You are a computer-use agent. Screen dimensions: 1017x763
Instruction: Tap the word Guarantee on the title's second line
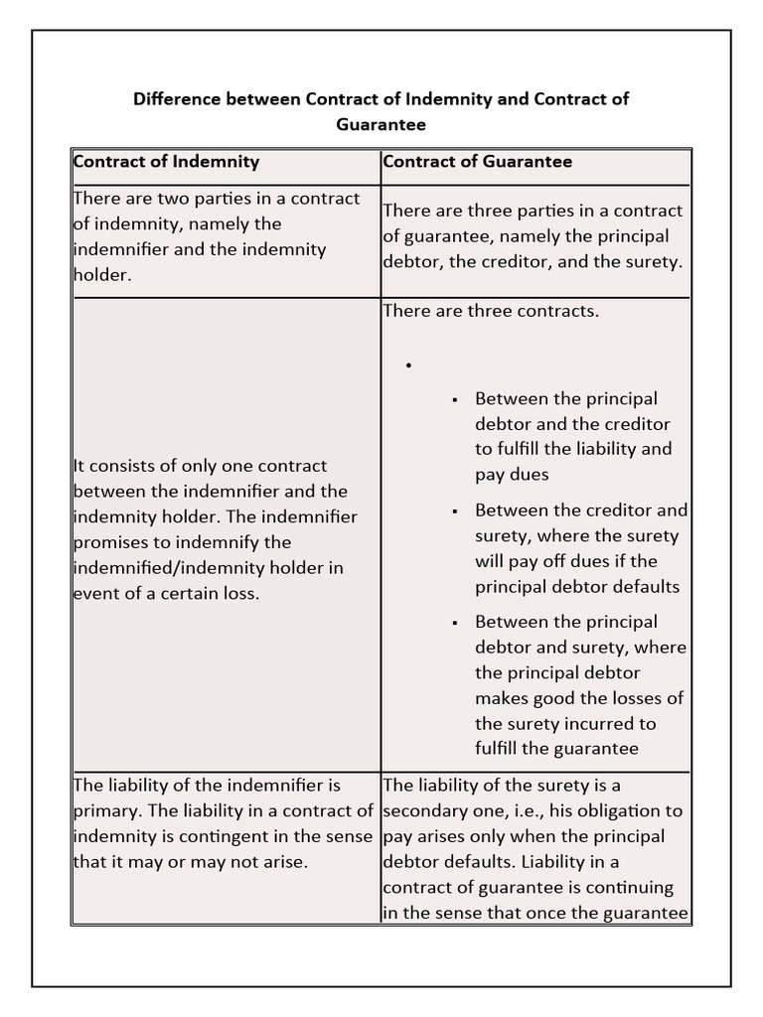click(x=381, y=125)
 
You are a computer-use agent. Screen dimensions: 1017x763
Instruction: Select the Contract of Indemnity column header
click(x=167, y=161)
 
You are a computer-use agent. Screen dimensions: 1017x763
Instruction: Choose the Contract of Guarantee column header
click(x=477, y=161)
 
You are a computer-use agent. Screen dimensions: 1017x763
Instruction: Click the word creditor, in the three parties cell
click(x=506, y=262)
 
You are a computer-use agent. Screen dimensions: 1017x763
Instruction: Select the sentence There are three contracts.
click(x=491, y=311)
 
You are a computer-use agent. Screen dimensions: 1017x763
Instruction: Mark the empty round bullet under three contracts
click(x=408, y=366)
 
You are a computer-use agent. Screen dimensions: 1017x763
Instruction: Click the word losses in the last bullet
click(x=632, y=698)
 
